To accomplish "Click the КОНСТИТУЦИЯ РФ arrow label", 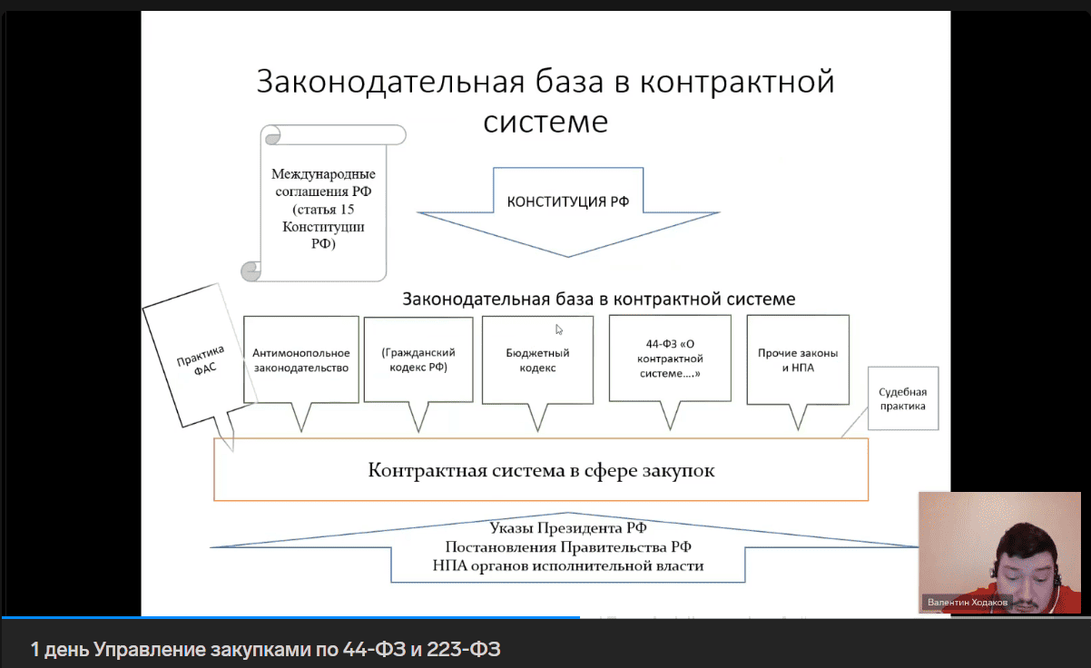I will (567, 201).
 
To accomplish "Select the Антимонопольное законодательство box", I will (300, 360).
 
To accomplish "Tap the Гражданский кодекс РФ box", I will (418, 359).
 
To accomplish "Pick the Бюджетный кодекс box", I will (537, 360).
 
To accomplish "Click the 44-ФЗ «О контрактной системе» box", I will (669, 359).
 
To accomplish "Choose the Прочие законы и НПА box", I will (798, 360).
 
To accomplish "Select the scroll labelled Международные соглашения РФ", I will (323, 209).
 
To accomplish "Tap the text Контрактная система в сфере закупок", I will (541, 470).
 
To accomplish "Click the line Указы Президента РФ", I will (567, 528).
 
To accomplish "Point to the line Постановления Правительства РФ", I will (567, 547).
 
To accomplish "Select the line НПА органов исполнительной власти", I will (567, 566).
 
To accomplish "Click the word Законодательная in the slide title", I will (391, 82).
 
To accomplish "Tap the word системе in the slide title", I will (545, 121).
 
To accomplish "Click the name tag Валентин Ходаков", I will (968, 602).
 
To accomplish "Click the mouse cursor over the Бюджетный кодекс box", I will (559, 329).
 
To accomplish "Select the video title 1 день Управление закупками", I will (265, 649).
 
